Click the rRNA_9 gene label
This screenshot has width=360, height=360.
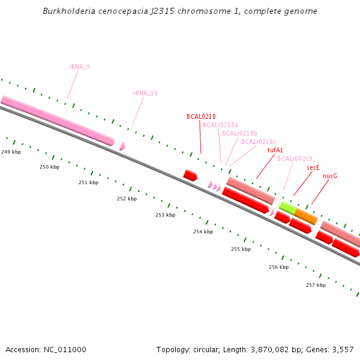point(79,67)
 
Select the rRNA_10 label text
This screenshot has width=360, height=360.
point(145,93)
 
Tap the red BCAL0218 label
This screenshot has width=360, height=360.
point(201,116)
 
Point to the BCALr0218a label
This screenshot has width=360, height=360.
point(220,125)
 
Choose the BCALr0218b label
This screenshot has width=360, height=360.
point(239,133)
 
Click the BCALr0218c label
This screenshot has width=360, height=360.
point(259,142)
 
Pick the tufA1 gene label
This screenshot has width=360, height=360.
point(275,150)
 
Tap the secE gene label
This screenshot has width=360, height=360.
point(313,167)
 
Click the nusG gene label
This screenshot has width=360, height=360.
point(330,176)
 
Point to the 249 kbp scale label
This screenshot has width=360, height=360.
point(11,152)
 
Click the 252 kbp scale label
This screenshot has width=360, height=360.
point(127,199)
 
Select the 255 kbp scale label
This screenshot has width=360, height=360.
point(241,249)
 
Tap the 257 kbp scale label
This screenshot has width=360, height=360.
point(316,285)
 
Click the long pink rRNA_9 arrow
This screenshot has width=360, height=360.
point(57,119)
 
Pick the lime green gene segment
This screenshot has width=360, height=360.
point(287,208)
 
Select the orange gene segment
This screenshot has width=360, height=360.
point(305,216)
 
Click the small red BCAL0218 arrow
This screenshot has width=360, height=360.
point(190,175)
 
